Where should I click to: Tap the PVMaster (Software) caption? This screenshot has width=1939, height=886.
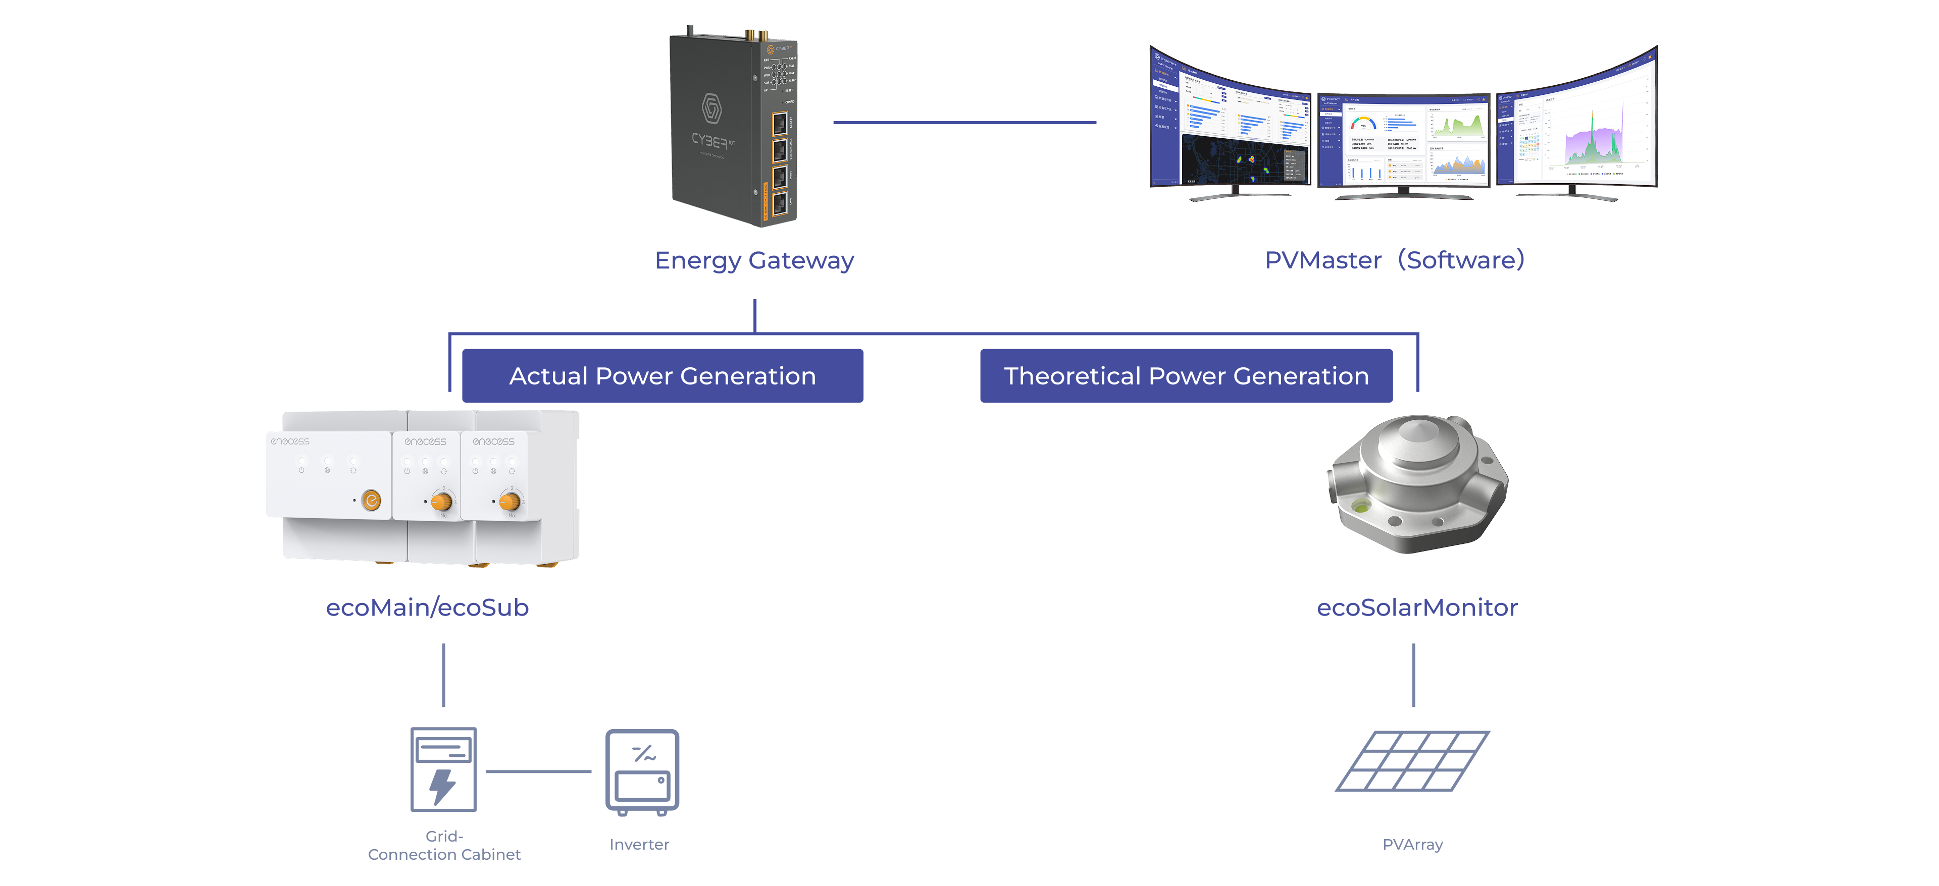coord(1394,260)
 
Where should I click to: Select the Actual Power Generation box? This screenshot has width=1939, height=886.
coord(662,375)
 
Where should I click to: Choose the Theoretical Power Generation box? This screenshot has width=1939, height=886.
coord(1186,375)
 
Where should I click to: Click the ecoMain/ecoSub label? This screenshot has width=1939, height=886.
coord(427,607)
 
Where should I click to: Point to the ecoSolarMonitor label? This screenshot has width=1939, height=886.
coord(1416,607)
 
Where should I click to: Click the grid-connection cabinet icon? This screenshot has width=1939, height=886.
coord(443,768)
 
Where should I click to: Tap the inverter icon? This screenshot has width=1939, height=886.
coord(642,771)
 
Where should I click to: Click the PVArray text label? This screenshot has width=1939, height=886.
coord(1412,844)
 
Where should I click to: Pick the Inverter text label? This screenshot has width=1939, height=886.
coord(639,844)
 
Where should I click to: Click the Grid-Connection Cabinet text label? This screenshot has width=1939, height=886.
coord(444,846)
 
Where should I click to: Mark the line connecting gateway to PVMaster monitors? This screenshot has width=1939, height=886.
coord(964,122)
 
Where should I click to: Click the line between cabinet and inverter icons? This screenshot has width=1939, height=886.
coord(538,771)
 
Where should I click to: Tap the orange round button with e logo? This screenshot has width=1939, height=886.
coord(371,500)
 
